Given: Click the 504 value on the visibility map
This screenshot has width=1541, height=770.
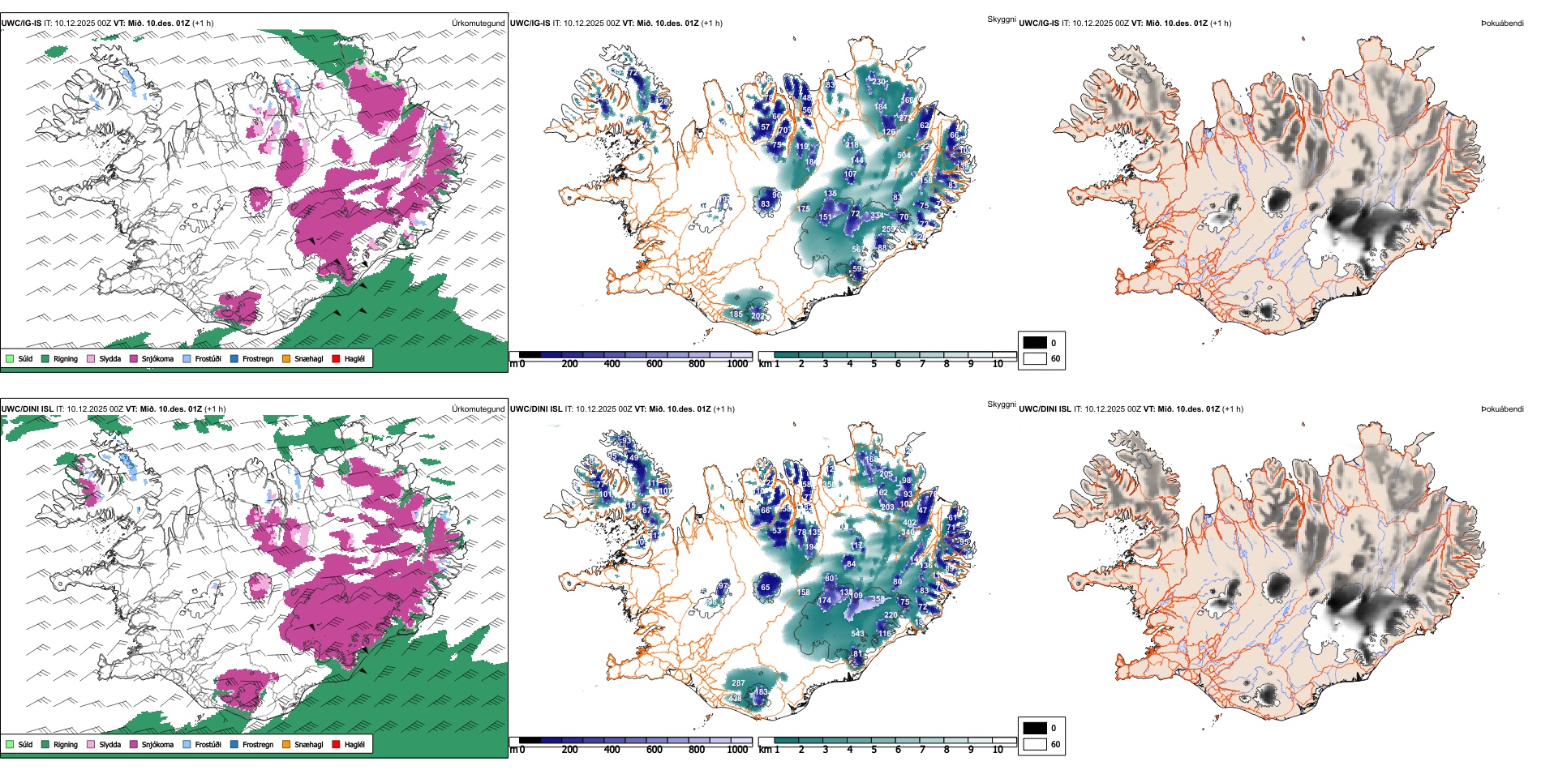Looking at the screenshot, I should point(904,155).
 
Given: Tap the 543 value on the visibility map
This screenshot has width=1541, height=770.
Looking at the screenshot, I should point(857,634).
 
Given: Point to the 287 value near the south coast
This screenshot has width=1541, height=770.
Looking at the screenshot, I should point(738,683).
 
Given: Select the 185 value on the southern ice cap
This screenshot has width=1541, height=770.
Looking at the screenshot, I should point(736,314).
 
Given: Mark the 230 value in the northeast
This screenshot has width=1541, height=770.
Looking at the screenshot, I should point(878,82).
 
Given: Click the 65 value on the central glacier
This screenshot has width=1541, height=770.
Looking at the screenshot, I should point(766,588).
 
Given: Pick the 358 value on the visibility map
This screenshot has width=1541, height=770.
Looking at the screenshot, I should point(878,600).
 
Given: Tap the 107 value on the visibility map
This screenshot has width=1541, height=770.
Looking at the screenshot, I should point(850,174).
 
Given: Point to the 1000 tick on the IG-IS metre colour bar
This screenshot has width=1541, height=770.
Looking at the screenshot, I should point(737,364).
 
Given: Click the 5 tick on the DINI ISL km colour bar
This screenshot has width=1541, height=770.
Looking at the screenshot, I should point(874,750).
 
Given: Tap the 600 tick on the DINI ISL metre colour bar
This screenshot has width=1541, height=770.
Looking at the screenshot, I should point(655,750).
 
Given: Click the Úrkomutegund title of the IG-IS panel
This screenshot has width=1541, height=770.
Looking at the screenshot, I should point(478,24).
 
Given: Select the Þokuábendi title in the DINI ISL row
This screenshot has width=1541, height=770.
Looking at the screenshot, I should point(1501,409).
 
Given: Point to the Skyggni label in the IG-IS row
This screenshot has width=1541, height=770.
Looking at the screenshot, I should point(1001,19).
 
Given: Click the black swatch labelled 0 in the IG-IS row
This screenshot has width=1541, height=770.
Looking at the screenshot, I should point(1035,343).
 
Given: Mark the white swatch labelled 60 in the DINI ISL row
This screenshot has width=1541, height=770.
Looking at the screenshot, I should point(1035,744).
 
